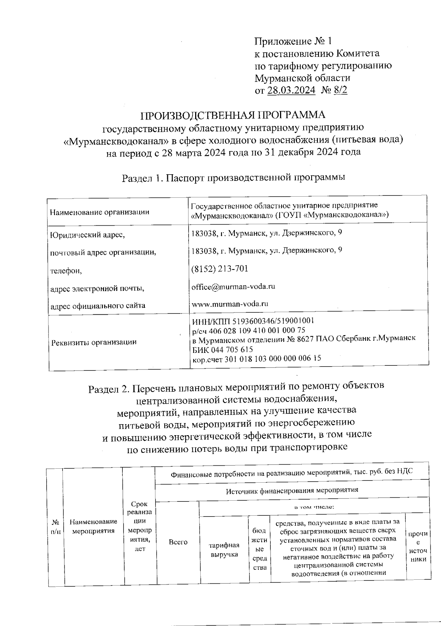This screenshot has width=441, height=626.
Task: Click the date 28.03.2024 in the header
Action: [x=291, y=90]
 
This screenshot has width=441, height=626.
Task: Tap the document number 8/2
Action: [x=340, y=90]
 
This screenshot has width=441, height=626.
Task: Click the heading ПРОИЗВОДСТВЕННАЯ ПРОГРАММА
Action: [x=233, y=115]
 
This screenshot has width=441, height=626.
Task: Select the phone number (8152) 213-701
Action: [x=220, y=269]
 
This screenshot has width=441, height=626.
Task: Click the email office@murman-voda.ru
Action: [x=233, y=286]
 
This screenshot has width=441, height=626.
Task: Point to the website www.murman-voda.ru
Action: [x=230, y=304]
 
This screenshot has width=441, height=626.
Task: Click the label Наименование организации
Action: [x=100, y=212]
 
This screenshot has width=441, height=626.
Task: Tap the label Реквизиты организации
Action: [x=94, y=342]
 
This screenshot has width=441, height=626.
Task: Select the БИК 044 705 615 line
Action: [x=222, y=350]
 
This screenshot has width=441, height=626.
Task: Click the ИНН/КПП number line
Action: [x=253, y=321]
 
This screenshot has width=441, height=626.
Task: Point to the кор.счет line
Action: [x=257, y=358]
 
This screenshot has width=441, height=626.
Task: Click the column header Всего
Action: [x=178, y=542]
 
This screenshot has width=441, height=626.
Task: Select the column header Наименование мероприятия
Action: [x=93, y=526]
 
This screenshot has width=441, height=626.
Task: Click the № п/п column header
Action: [x=55, y=527]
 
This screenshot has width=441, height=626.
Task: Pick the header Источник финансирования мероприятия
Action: [x=292, y=490]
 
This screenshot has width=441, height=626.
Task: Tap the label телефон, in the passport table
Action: [x=66, y=271]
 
